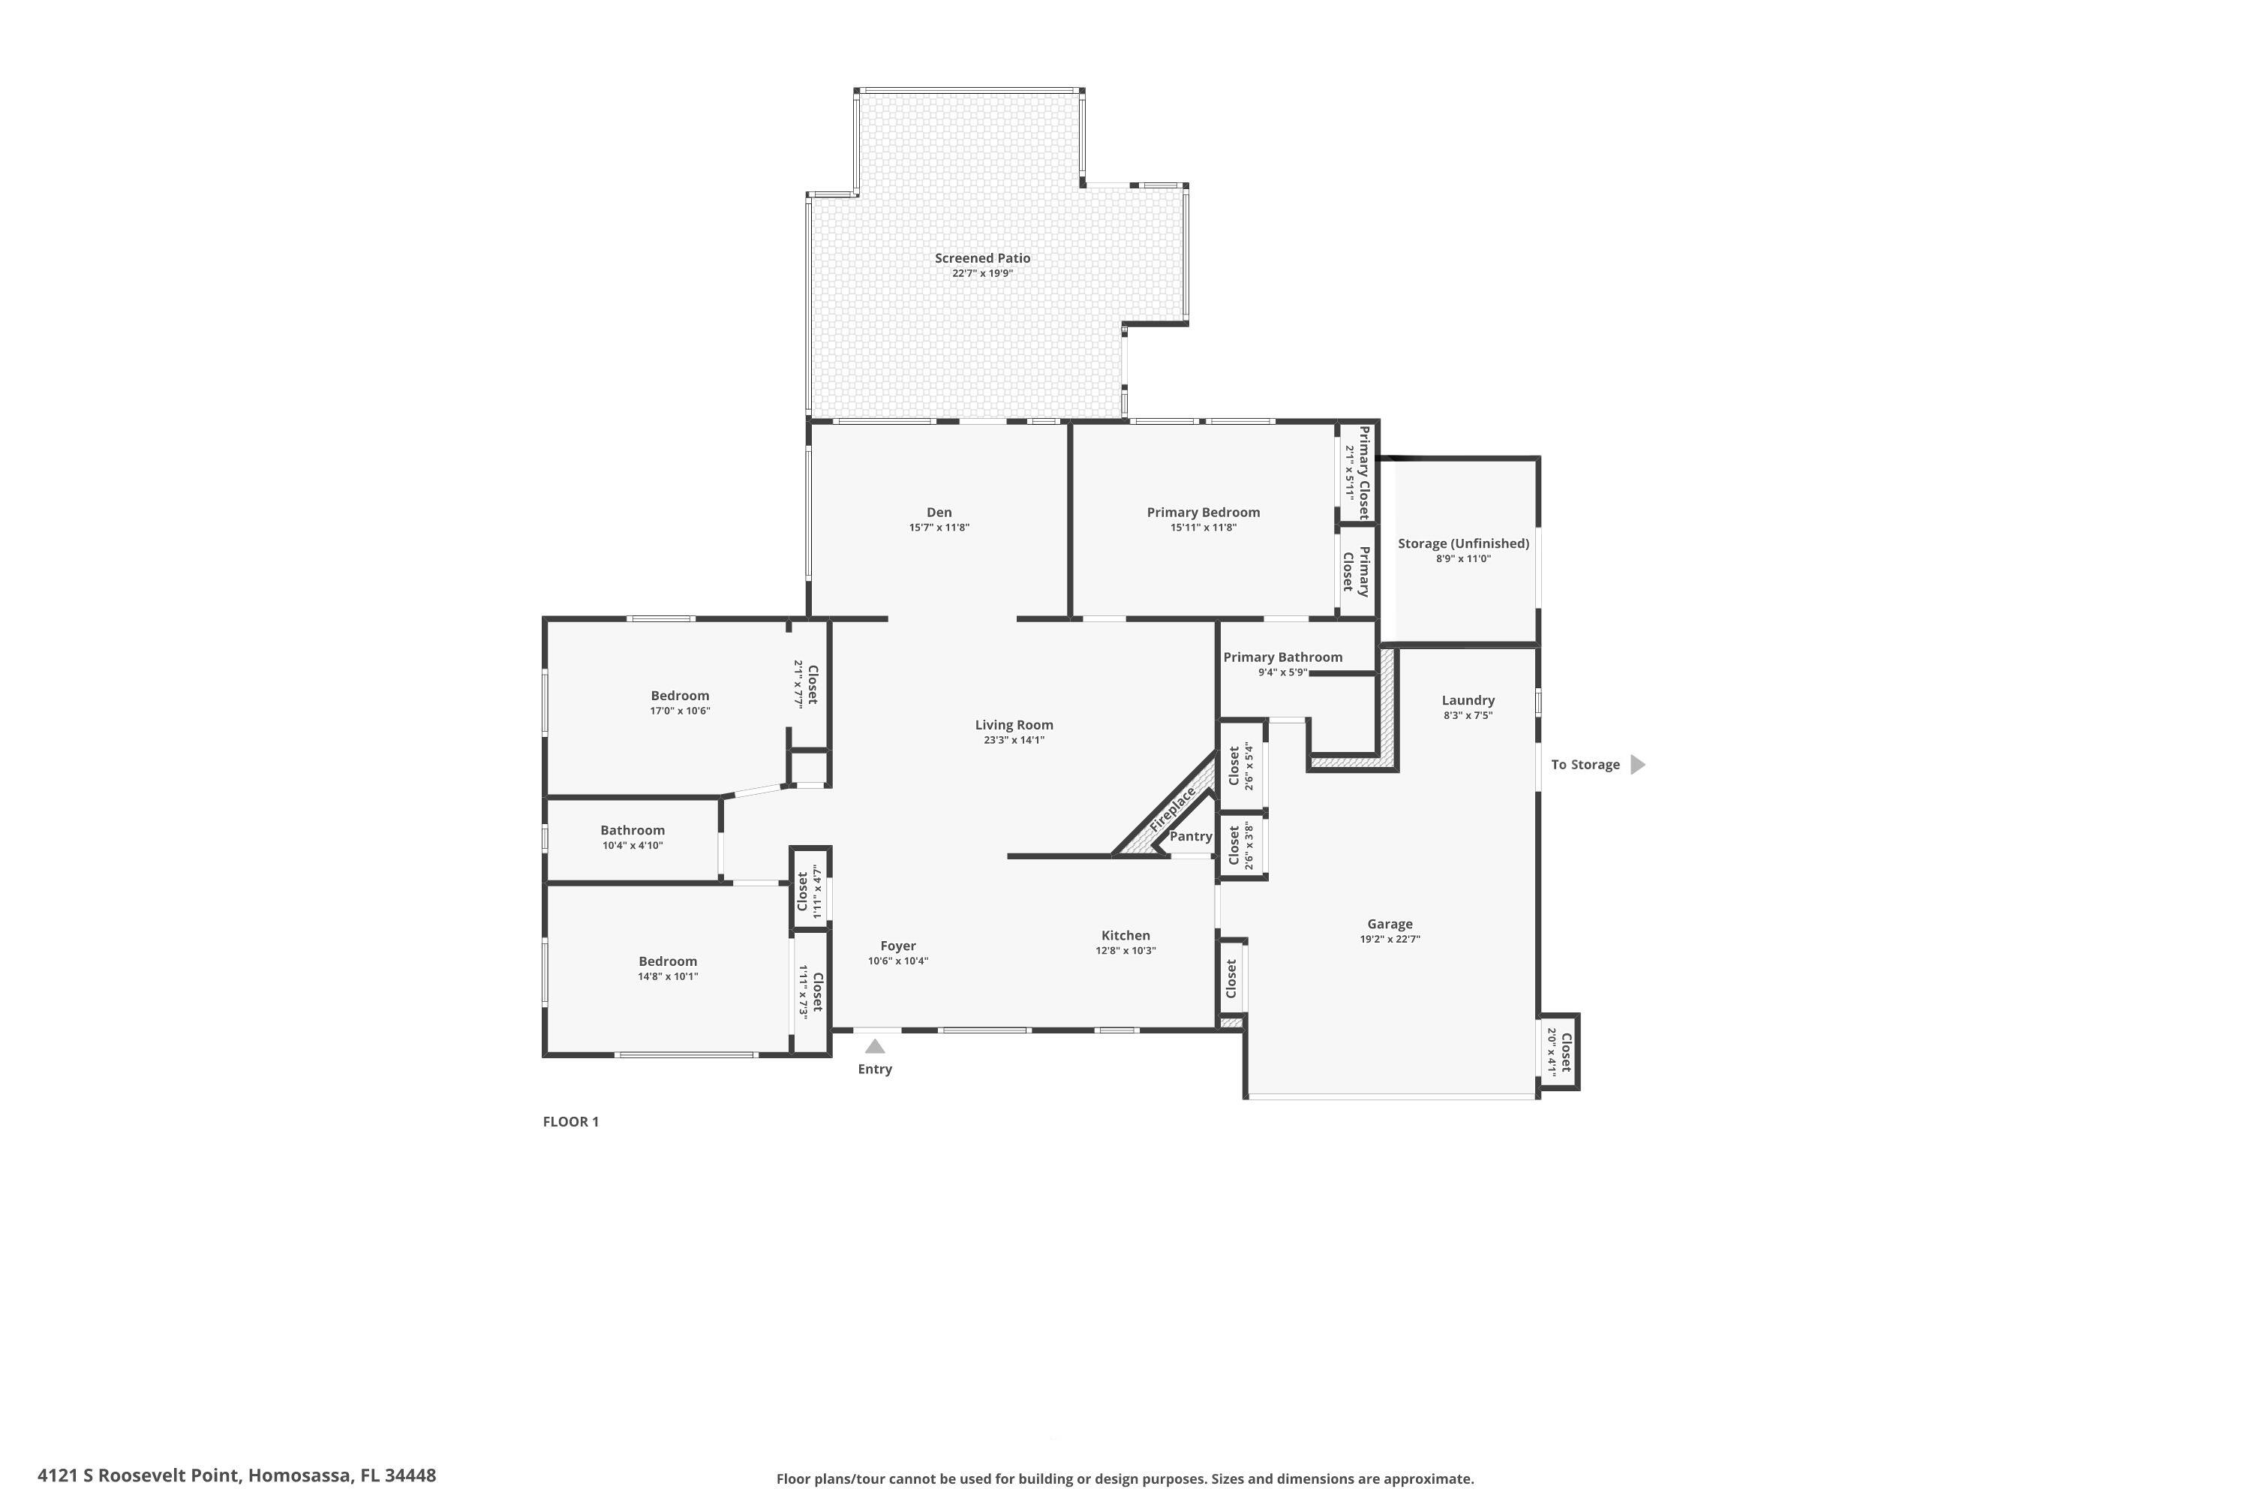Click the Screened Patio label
pos(982,257)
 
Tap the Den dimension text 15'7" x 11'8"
pos(939,528)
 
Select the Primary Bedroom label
pos(1203,512)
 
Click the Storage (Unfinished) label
pos(1462,543)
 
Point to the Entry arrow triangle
pos(875,1046)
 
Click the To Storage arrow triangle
pos(1636,764)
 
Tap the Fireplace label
pos(1172,809)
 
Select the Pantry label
pos(1191,836)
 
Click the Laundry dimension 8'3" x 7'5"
pos(1467,715)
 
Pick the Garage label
pos(1390,924)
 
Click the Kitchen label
pos(1125,935)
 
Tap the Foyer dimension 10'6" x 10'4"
pos(897,961)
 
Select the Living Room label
pos(1014,725)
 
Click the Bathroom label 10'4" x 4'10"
pos(632,831)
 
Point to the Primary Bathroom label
pos(1282,657)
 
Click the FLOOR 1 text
pos(570,1122)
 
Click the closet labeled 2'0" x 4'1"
pos(1559,1052)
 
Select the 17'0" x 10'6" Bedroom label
pos(680,696)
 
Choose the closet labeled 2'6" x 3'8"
pos(1241,845)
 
